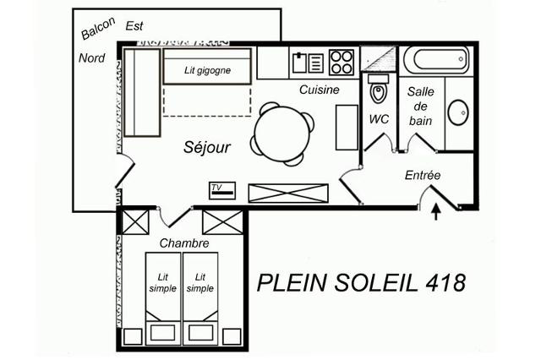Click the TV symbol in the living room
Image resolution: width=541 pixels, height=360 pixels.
pos(222,190)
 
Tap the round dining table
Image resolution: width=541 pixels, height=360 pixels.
pos(282,134)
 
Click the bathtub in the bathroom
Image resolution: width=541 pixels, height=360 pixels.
pos(436,60)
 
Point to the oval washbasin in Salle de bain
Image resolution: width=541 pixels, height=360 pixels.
pos(458,112)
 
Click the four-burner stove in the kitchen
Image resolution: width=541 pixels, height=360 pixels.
pos(342,63)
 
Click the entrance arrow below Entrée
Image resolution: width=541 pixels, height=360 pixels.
pos(436,212)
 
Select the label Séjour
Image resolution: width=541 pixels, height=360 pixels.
pos(207,147)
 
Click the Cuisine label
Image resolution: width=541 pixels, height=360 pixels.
pos(320,90)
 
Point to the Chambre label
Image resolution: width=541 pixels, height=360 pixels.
pos(184,243)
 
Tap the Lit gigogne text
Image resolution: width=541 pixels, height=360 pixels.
pos(207,70)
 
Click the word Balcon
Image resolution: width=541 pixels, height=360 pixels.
pos(98,28)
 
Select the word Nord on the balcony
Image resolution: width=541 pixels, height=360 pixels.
pos(92,58)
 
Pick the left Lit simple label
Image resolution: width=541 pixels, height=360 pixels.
pos(163,283)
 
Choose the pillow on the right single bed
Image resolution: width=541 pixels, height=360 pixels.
pos(200,332)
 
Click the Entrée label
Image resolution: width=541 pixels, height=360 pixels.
pos(423,175)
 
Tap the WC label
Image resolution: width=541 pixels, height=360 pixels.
pos(379,119)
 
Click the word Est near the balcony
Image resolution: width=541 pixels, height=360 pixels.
pos(134,26)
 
